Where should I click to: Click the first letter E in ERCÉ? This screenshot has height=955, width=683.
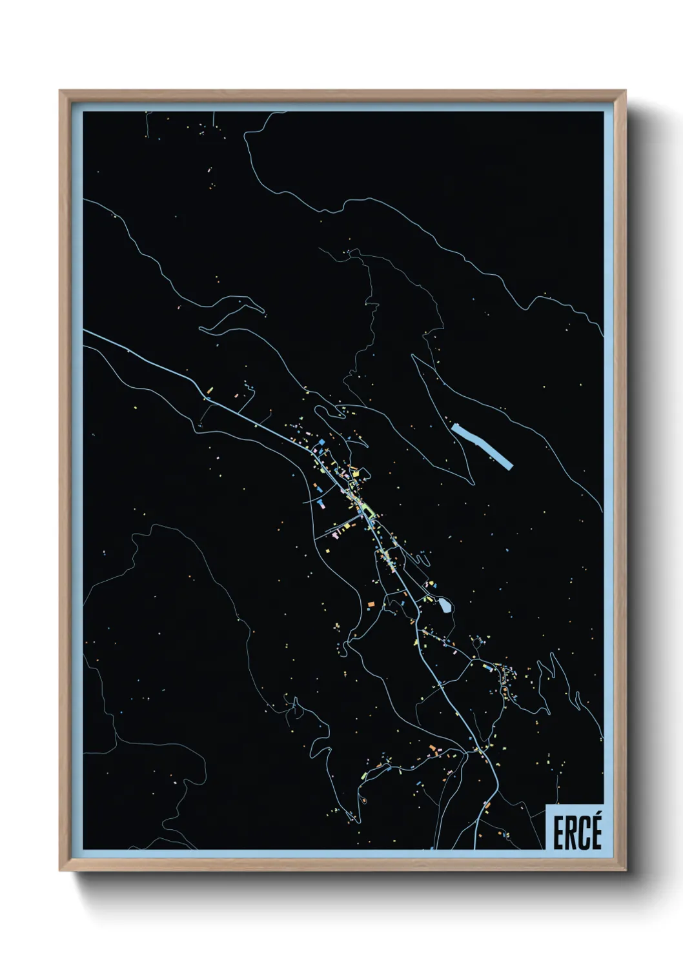click(x=558, y=834)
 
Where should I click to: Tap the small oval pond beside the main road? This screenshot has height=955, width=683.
click(x=445, y=605)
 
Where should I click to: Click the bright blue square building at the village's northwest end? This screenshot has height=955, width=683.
click(x=321, y=442)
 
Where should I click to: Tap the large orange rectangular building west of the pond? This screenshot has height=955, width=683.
click(x=370, y=604)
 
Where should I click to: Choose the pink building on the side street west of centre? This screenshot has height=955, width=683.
click(x=336, y=535)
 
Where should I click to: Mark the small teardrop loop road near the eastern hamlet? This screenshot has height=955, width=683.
click(x=478, y=642)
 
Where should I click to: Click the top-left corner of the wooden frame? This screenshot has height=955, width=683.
click(x=61, y=92)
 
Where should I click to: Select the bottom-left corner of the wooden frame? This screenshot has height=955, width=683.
click(x=61, y=870)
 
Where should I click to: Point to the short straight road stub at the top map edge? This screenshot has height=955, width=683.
click(x=213, y=120)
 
